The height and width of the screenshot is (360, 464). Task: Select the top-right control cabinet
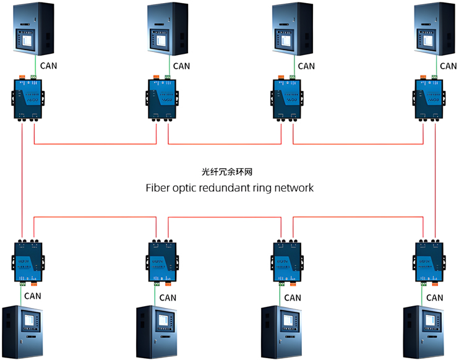pyautogui.click(x=436, y=29)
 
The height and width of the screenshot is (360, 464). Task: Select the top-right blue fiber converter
pyautogui.click(x=429, y=98)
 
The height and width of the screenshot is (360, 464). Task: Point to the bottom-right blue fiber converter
pyautogui.click(x=429, y=262)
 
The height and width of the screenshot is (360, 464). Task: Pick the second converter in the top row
pyautogui.click(x=162, y=98)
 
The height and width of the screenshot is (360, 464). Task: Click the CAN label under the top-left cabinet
pyautogui.click(x=49, y=64)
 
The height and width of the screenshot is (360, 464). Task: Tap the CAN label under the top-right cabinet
pyautogui.click(x=449, y=66)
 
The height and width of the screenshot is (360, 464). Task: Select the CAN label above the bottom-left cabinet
pyautogui.click(x=33, y=296)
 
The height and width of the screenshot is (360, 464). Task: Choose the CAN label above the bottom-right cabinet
pyautogui.click(x=435, y=298)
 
